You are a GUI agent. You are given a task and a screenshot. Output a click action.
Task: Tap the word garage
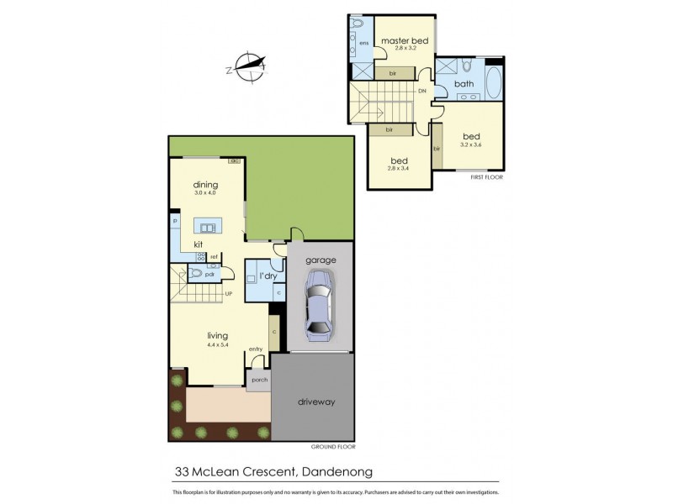[x=321, y=260]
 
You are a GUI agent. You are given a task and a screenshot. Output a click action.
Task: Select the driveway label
[x=316, y=402]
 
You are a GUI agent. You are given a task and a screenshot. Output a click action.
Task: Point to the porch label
[x=258, y=380]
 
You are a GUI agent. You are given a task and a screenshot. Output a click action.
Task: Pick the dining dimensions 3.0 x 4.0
[x=205, y=193]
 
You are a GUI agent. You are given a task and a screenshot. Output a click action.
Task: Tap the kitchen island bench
[x=207, y=225]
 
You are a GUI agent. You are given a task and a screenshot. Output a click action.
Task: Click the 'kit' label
[x=199, y=244]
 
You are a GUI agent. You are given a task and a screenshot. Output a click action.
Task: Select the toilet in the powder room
[x=195, y=273]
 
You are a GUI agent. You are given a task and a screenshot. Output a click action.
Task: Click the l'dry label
[x=268, y=276]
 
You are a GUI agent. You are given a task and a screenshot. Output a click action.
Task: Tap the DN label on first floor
[x=421, y=90]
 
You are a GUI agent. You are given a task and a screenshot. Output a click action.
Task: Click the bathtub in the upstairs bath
[x=492, y=86]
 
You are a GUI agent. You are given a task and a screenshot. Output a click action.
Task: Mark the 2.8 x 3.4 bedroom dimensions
[x=399, y=169]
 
